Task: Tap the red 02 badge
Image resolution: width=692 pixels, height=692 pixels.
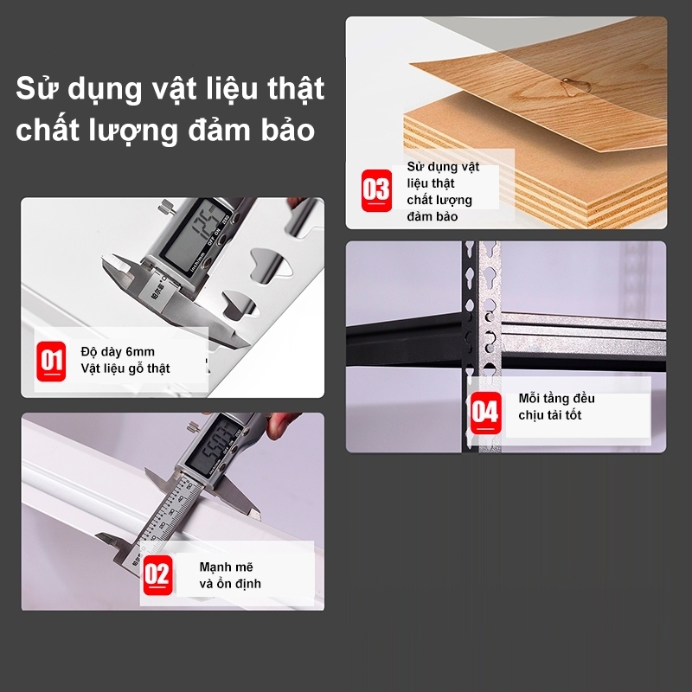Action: (x=157, y=575)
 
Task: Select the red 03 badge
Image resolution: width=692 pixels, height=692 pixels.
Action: (x=376, y=189)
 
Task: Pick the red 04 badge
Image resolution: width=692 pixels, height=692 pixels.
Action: (x=485, y=411)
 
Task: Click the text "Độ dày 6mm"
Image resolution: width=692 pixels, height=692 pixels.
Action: (x=118, y=351)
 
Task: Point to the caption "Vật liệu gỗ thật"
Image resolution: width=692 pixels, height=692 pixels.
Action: (x=125, y=368)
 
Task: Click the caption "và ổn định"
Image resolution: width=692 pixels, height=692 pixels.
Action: (x=230, y=584)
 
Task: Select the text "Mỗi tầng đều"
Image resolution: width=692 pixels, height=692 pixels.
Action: (x=556, y=399)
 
